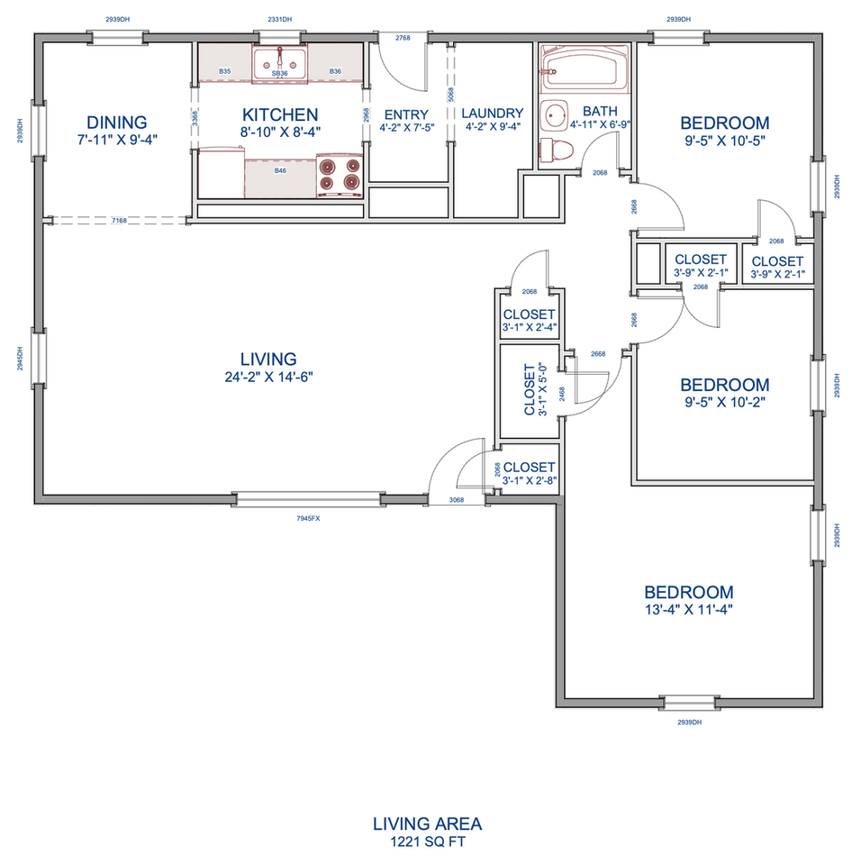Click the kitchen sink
click(280, 63)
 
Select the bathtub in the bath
click(585, 69)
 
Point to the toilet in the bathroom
click(557, 150)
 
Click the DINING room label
click(117, 122)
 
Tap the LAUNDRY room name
click(493, 114)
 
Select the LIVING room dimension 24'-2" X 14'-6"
click(268, 377)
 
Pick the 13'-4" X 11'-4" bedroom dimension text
click(689, 610)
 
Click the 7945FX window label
click(308, 519)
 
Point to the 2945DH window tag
click(21, 359)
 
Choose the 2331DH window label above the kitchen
click(280, 19)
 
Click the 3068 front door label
click(456, 500)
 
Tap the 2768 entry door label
click(403, 38)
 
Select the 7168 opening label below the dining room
click(119, 221)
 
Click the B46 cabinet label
click(280, 171)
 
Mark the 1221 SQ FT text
click(428, 842)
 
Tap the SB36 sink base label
click(280, 73)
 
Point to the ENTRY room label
click(406, 114)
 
